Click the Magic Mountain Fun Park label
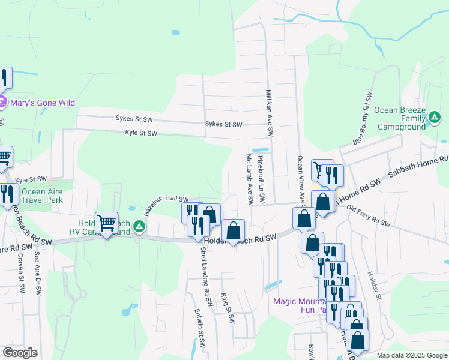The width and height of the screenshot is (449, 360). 300,305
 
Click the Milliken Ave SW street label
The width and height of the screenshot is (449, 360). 270,112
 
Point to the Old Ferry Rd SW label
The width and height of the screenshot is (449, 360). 369,217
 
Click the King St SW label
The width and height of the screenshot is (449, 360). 227,308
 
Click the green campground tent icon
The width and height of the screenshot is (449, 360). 139,226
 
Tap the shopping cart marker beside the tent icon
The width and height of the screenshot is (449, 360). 107,223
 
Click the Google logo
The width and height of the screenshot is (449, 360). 20,353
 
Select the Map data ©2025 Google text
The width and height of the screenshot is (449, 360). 411,355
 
